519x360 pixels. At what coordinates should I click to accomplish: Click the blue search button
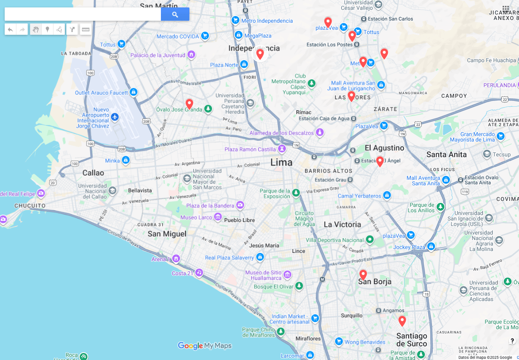click(x=175, y=14)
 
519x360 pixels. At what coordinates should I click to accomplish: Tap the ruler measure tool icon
click(x=86, y=29)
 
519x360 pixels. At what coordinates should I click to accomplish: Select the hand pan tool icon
click(x=36, y=29)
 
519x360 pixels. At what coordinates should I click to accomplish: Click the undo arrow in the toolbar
click(x=11, y=29)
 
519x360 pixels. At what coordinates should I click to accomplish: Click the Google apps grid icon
click(x=506, y=9)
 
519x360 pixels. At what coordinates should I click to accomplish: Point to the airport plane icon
click(x=115, y=117)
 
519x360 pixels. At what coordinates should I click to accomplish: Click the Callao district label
click(x=93, y=173)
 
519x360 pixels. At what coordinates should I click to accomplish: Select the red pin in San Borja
click(x=363, y=275)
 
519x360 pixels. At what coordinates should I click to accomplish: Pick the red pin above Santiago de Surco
click(x=402, y=321)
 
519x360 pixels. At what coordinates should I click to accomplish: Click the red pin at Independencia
click(x=260, y=54)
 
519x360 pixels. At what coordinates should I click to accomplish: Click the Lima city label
click(x=281, y=162)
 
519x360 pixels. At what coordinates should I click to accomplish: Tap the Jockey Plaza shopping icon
click(x=431, y=246)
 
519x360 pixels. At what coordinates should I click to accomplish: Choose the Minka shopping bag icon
click(x=126, y=160)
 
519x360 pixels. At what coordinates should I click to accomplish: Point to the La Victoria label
click(x=342, y=224)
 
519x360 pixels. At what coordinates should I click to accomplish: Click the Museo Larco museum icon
click(x=218, y=217)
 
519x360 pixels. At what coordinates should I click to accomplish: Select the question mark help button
click(x=512, y=341)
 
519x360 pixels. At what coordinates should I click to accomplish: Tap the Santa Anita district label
click(x=446, y=154)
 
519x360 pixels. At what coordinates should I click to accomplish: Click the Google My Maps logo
click(x=205, y=346)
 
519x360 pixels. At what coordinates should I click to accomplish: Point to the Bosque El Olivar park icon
click(x=299, y=286)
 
